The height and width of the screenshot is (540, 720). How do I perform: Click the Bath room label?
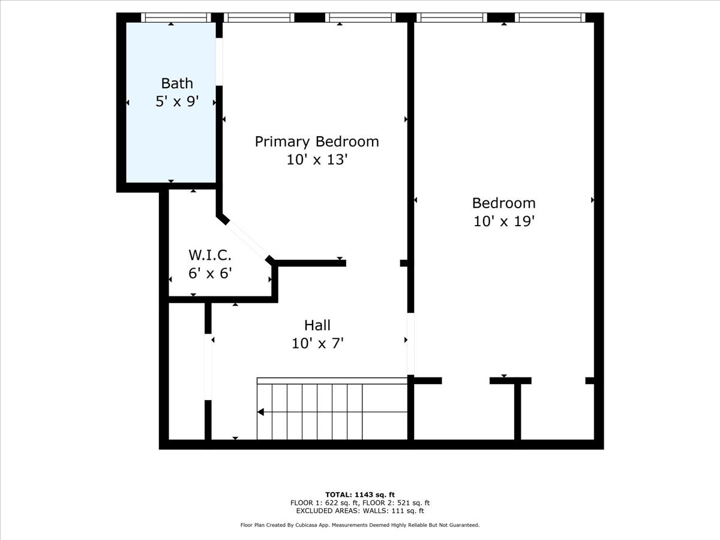click(x=177, y=83)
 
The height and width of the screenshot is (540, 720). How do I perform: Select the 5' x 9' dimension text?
click(x=177, y=101)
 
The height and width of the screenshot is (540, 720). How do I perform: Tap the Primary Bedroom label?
click(x=317, y=142)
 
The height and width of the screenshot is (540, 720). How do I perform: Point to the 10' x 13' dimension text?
click(x=317, y=160)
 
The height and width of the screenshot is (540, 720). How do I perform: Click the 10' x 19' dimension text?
click(x=503, y=221)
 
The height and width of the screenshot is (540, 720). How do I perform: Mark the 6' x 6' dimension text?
click(x=210, y=274)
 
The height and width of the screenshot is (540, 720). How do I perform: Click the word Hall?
click(x=317, y=325)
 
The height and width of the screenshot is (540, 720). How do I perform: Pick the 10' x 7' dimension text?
click(x=317, y=343)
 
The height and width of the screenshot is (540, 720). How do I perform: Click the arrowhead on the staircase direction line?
click(x=261, y=412)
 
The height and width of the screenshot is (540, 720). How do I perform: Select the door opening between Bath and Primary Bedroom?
click(x=220, y=62)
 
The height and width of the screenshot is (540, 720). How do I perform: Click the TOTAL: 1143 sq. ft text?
click(x=360, y=494)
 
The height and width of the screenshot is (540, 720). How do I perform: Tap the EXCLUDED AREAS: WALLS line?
click(x=360, y=511)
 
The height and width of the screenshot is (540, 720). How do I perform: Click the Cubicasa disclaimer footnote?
click(x=360, y=525)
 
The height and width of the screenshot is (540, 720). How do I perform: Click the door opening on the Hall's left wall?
click(x=208, y=367)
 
